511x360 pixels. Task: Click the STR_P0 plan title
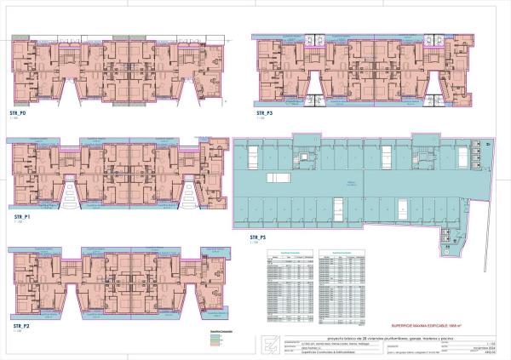(18, 113)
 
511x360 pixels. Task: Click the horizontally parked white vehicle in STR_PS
(278, 177)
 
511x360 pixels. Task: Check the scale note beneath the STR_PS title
(253, 243)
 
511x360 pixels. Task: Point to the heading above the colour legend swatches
(219, 331)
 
